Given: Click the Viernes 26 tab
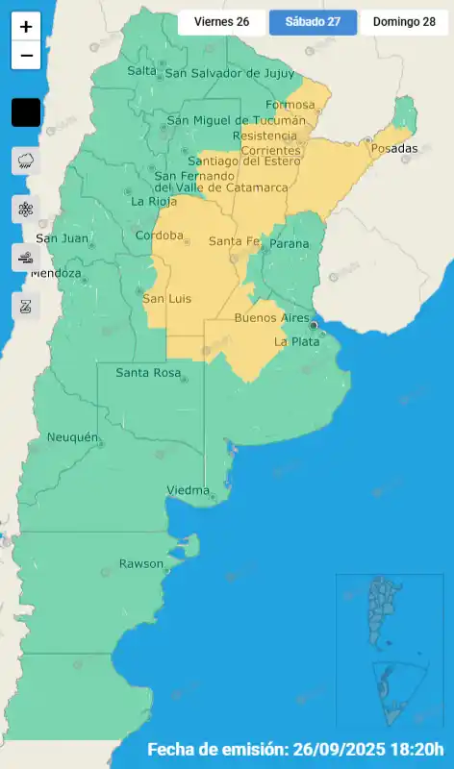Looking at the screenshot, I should tap(221, 21).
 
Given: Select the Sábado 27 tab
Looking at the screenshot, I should tap(313, 21).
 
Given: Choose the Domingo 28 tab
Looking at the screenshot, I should tap(404, 21).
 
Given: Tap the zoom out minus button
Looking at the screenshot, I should tap(26, 56).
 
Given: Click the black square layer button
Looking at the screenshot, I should tap(26, 112).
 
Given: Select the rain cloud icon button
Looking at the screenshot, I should tap(26, 161).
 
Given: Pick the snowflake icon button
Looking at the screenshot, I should tap(26, 209).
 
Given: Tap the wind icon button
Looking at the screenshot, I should tap(26, 257).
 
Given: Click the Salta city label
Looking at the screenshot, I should tap(141, 71).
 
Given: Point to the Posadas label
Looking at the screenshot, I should tap(394, 148).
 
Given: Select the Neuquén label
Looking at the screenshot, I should tap(73, 438).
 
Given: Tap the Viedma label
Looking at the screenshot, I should tap(188, 491).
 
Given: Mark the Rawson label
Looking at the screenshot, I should tap(140, 563).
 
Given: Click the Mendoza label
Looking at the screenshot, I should tap(55, 274).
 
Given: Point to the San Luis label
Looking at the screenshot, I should tap(166, 299).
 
